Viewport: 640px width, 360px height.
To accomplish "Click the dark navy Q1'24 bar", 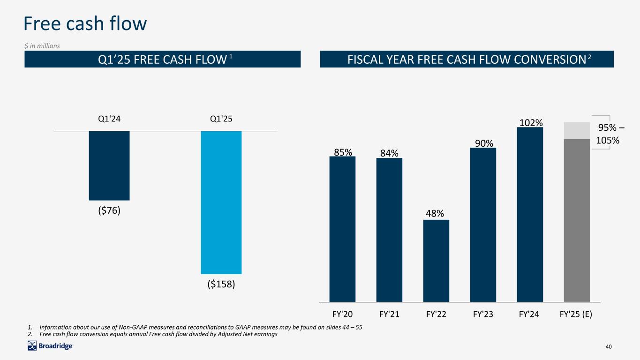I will [109, 165].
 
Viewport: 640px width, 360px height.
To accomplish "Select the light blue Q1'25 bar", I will [221, 202].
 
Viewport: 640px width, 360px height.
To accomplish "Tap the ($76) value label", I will [109, 210].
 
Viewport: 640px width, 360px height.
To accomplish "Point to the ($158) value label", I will [221, 285].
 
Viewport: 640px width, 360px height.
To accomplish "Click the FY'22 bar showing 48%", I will [436, 261].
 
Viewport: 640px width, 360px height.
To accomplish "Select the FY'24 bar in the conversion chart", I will [530, 214].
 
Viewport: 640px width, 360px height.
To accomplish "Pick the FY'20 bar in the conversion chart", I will [342, 229].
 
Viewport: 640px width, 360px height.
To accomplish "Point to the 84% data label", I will [389, 153].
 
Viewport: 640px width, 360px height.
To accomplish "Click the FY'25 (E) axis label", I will [576, 315].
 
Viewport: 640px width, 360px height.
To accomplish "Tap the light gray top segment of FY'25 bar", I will [577, 130].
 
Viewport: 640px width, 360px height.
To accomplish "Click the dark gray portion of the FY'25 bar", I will [577, 220].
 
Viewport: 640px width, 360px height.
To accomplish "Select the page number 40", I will [609, 346].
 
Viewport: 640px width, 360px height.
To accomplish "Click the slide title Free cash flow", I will [86, 23].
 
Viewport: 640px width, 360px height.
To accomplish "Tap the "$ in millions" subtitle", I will [42, 45].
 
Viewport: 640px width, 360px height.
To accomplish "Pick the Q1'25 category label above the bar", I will [221, 119].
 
